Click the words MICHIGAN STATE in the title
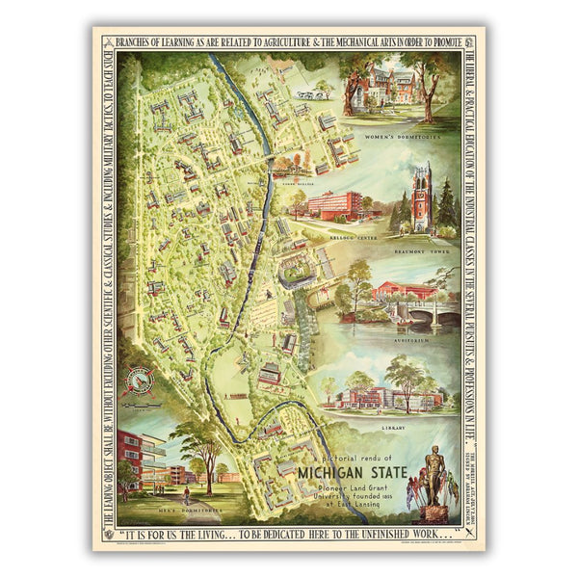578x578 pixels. tap(351, 474)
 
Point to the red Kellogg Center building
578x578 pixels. tap(332, 206)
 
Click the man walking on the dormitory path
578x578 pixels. tap(185, 497)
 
